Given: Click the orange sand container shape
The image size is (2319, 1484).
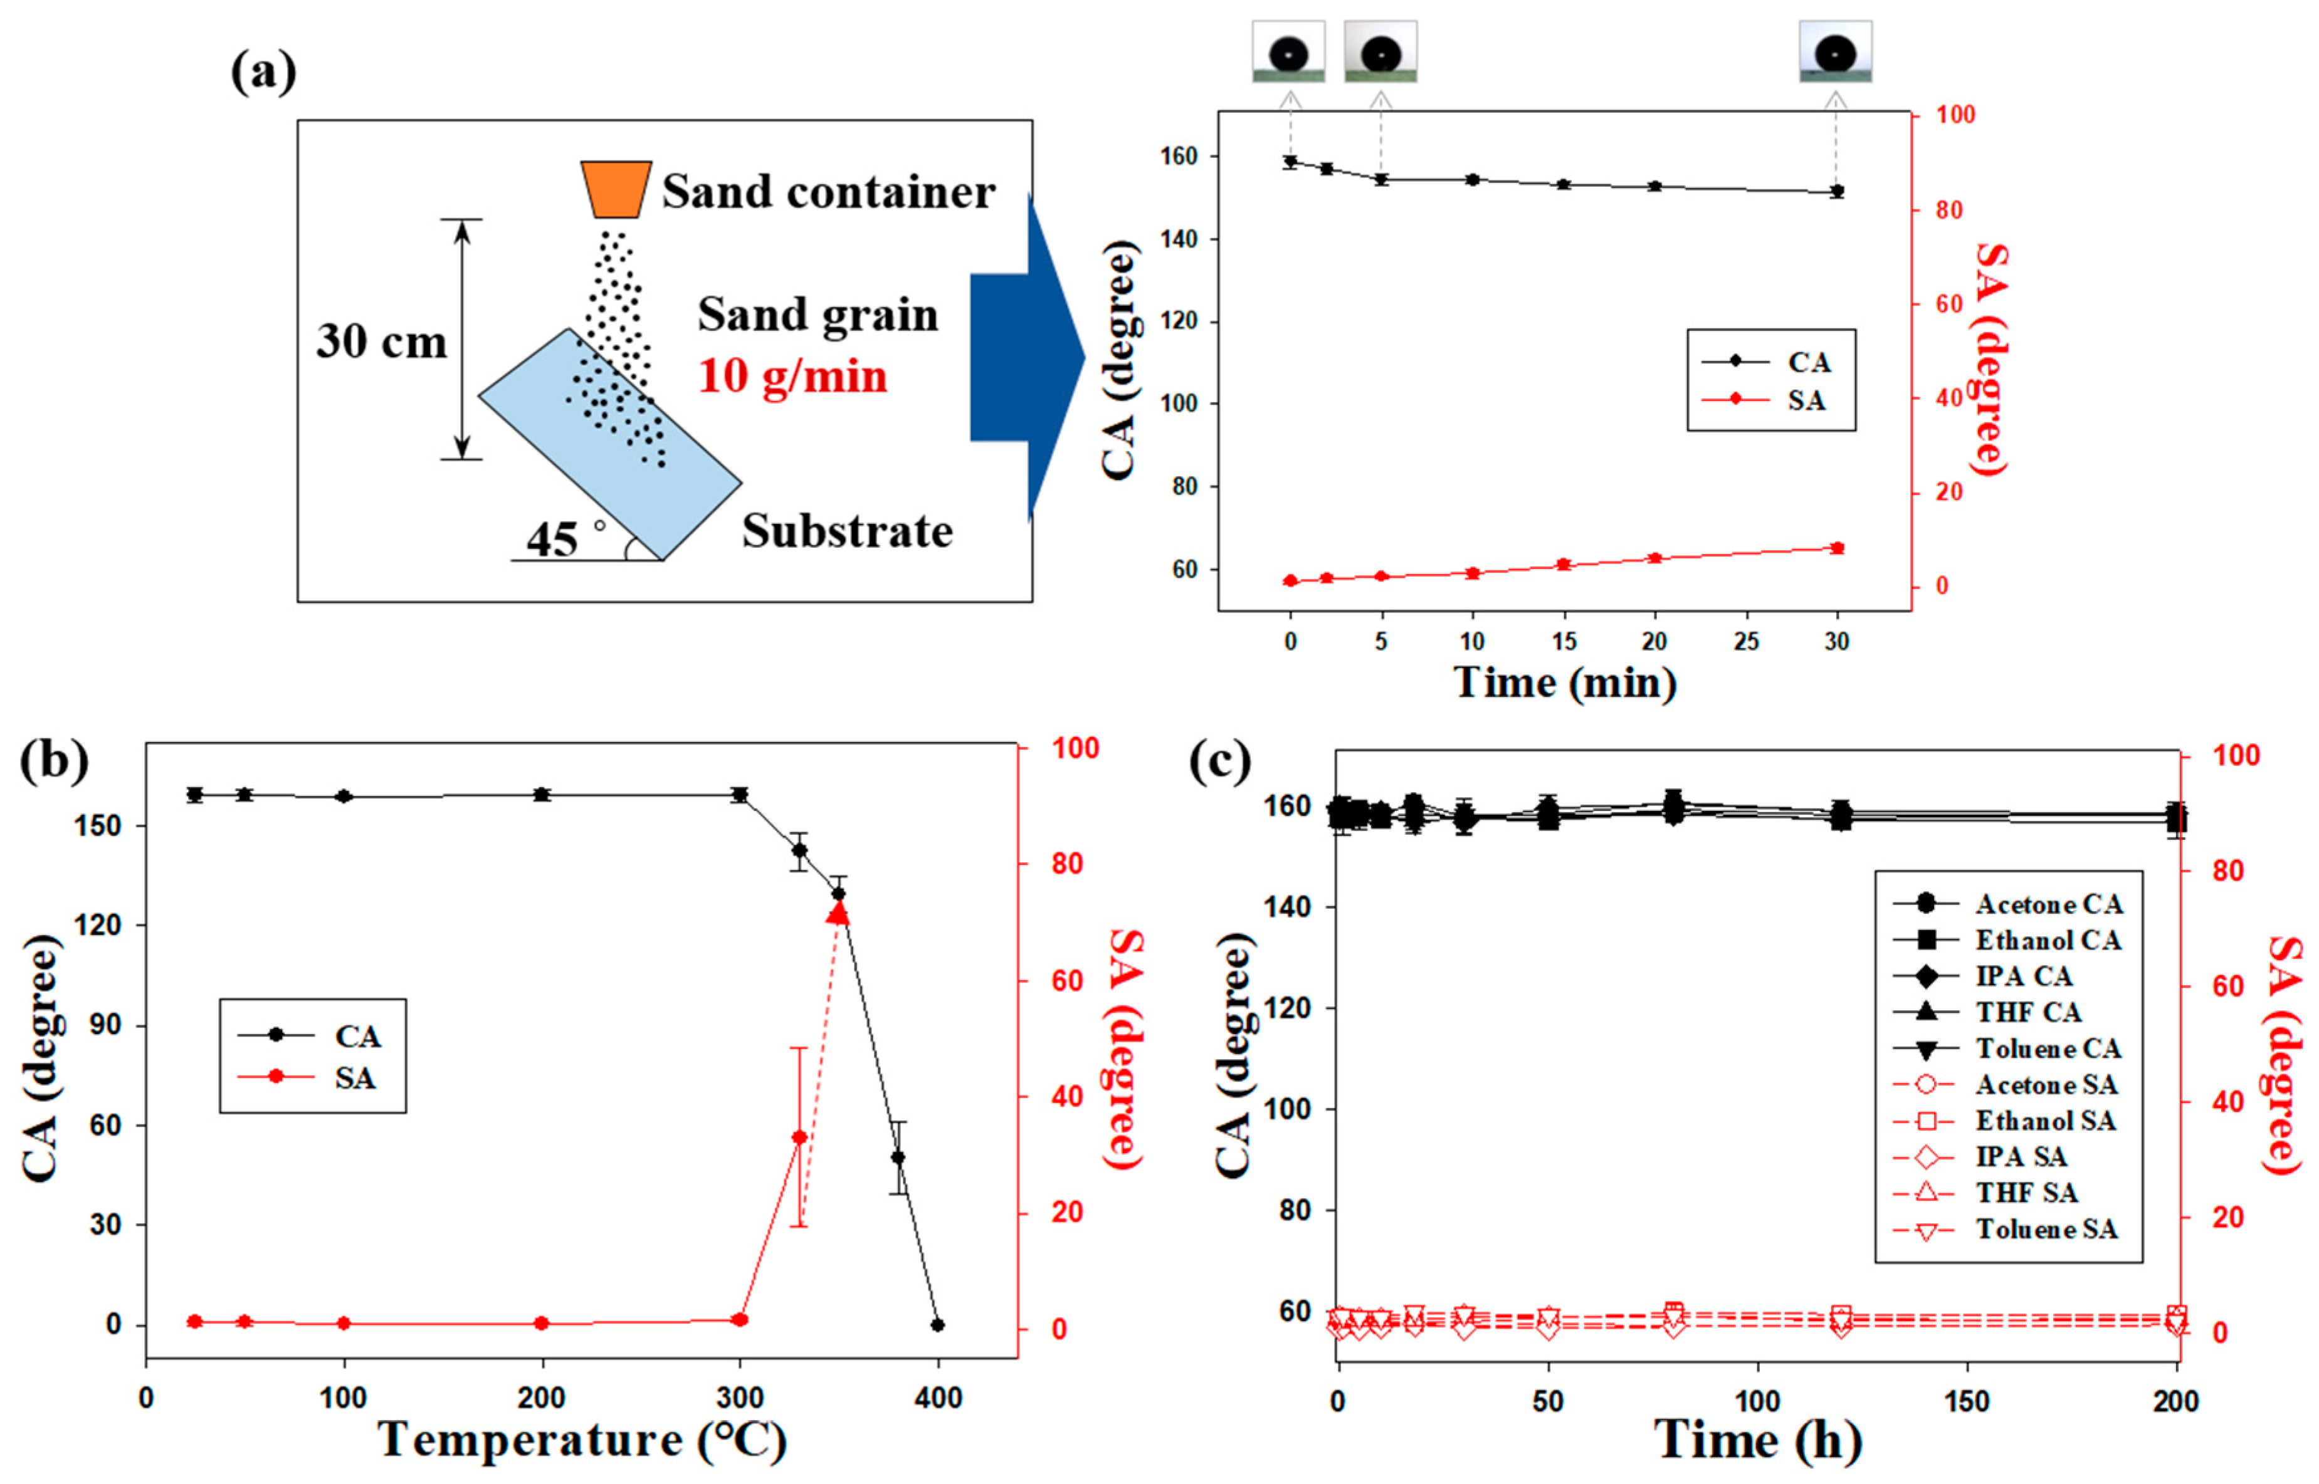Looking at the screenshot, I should [615, 189].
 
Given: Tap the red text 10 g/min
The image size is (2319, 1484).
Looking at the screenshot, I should [792, 376].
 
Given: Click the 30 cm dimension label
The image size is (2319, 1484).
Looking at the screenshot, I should [382, 342].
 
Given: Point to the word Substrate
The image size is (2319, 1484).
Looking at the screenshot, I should [847, 531].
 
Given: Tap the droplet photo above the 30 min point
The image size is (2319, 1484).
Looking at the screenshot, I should [1835, 52].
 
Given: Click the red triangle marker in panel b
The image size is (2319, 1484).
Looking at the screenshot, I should [839, 912].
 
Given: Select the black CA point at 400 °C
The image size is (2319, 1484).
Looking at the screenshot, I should [937, 1325].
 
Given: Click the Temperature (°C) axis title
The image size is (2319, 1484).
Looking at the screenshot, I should [583, 1440].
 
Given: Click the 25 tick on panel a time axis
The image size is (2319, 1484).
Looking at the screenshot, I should [1745, 642].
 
